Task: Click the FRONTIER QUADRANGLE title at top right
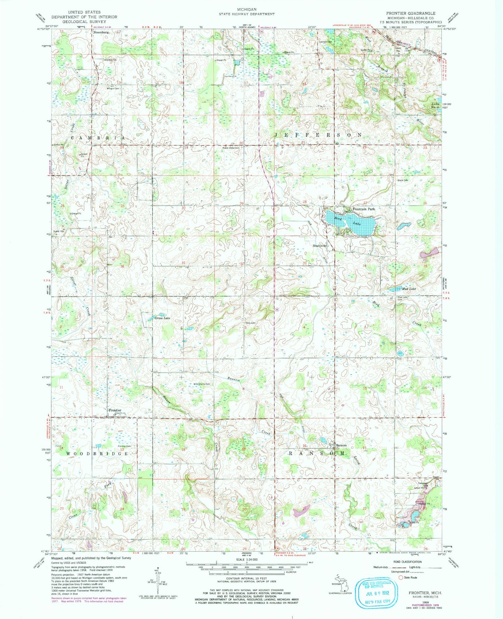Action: click(410, 13)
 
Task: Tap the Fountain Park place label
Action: click(364, 209)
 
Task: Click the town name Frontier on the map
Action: click(115, 410)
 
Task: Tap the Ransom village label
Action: click(341, 445)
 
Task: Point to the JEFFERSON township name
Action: click(318, 135)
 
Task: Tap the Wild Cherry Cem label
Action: click(202, 384)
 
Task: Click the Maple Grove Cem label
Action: click(231, 148)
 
